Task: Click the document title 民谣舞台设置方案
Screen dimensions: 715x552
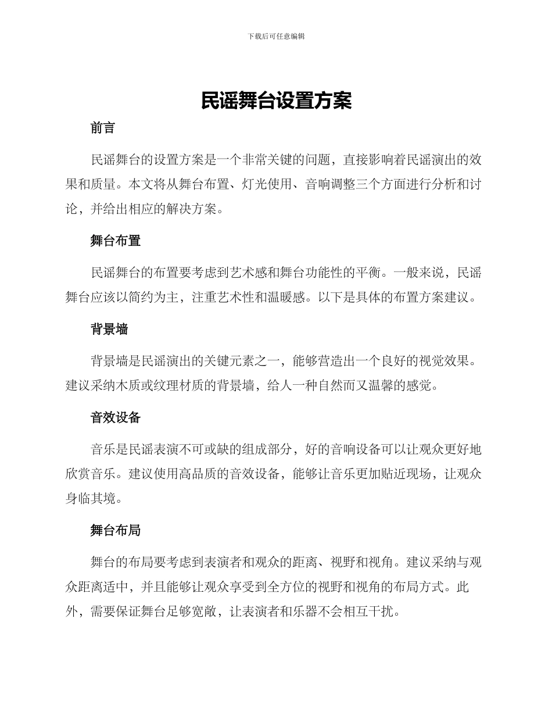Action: [276, 101]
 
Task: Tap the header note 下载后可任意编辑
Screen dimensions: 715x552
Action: [276, 36]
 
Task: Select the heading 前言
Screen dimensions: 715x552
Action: [103, 128]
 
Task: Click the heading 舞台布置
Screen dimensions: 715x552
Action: [116, 241]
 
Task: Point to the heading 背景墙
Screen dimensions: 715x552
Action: [109, 330]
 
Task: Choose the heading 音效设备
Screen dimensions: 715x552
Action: [116, 418]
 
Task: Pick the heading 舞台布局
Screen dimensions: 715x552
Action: [116, 530]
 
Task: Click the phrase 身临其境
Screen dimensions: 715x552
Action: [90, 499]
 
